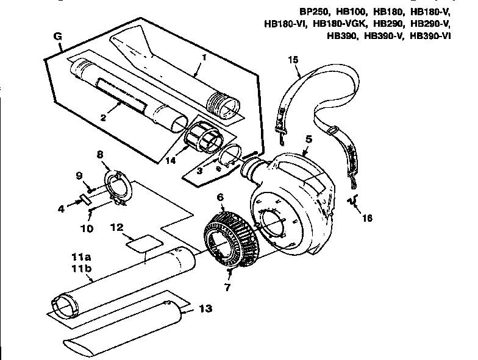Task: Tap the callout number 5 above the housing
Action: pyautogui.click(x=309, y=139)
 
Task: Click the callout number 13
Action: pyautogui.click(x=206, y=309)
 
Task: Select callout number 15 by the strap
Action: pyautogui.click(x=293, y=59)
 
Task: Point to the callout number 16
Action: pyautogui.click(x=365, y=217)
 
